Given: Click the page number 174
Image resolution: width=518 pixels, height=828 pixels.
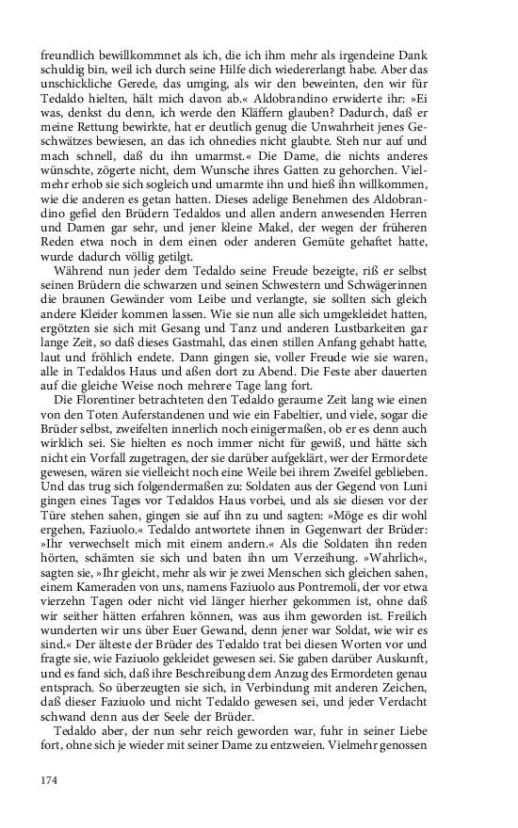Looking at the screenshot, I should pos(50,778).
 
